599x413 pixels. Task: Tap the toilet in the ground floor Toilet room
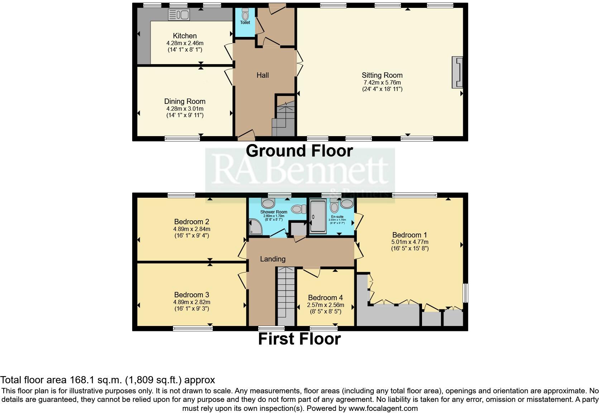[245, 14]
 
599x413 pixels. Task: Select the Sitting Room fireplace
[457, 72]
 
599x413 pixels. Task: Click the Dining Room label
[185, 101]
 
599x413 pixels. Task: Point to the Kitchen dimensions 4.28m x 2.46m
[185, 43]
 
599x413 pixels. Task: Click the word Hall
[263, 75]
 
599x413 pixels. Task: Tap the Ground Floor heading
[299, 150]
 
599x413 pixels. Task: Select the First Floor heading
[299, 339]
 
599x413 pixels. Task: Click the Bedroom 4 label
[325, 298]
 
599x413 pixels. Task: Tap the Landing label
[273, 259]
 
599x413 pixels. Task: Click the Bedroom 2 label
[192, 222]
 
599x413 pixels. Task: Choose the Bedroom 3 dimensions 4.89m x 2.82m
[192, 302]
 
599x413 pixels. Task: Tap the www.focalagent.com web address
[383, 408]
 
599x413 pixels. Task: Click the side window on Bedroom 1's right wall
[465, 293]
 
